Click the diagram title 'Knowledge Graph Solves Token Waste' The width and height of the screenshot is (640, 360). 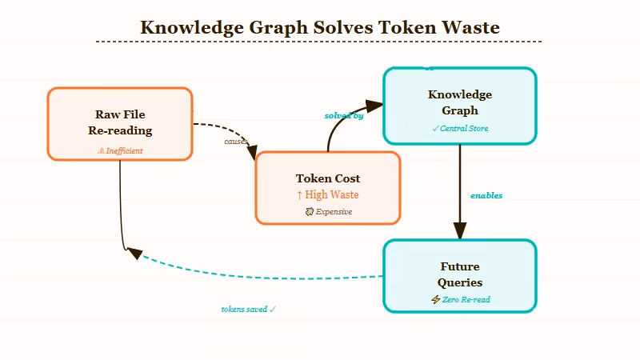click(319, 27)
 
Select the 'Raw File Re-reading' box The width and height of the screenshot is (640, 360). click(120, 123)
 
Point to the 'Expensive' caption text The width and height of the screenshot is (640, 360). click(333, 212)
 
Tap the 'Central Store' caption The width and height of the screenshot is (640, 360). click(463, 128)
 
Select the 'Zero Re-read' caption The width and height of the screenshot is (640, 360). click(466, 300)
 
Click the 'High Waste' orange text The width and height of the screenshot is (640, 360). click(331, 194)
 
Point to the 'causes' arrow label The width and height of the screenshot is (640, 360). click(236, 142)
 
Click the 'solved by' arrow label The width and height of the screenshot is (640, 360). click(343, 116)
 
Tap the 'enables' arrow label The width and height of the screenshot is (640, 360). click(486, 196)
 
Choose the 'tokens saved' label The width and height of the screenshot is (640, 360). click(245, 309)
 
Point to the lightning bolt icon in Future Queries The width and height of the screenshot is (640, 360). click(435, 300)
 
